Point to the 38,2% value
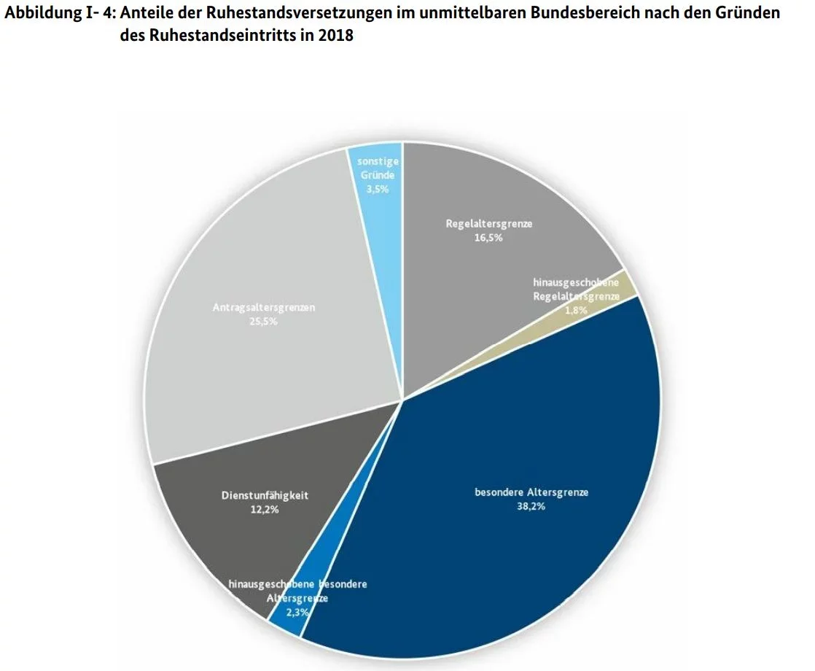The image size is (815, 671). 531,507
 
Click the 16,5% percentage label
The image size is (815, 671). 488,238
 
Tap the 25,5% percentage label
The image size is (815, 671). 263,322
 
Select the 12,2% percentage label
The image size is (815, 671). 264,510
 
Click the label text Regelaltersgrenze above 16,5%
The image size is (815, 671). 489,224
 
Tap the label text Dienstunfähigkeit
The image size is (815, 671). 265,496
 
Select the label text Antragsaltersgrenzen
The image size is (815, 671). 264,308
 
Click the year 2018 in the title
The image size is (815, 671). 336,35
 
